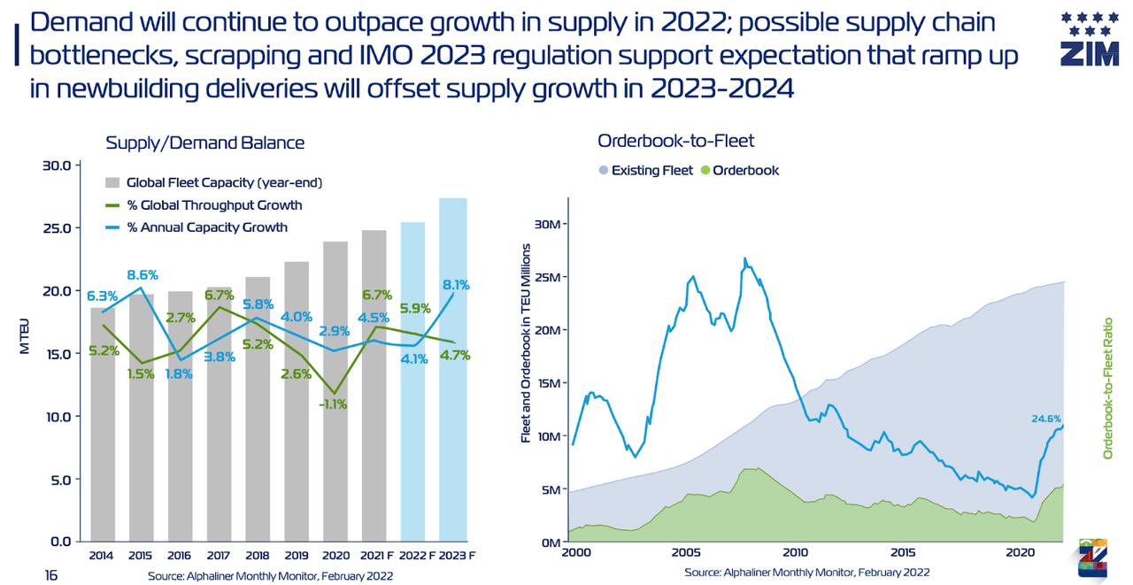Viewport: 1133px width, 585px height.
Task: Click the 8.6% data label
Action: tap(143, 274)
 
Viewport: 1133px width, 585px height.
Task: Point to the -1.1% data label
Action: tap(333, 404)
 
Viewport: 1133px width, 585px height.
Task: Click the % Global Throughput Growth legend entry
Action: tap(213, 205)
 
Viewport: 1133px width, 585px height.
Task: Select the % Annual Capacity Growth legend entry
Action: tap(206, 227)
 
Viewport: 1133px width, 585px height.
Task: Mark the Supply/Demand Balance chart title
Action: tap(204, 142)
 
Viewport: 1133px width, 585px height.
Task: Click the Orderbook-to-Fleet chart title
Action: tap(675, 141)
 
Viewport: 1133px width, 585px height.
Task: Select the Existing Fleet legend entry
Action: tap(650, 170)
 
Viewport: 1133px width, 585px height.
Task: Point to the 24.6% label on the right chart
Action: tap(1045, 419)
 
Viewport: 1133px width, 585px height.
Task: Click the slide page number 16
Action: tap(51, 575)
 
